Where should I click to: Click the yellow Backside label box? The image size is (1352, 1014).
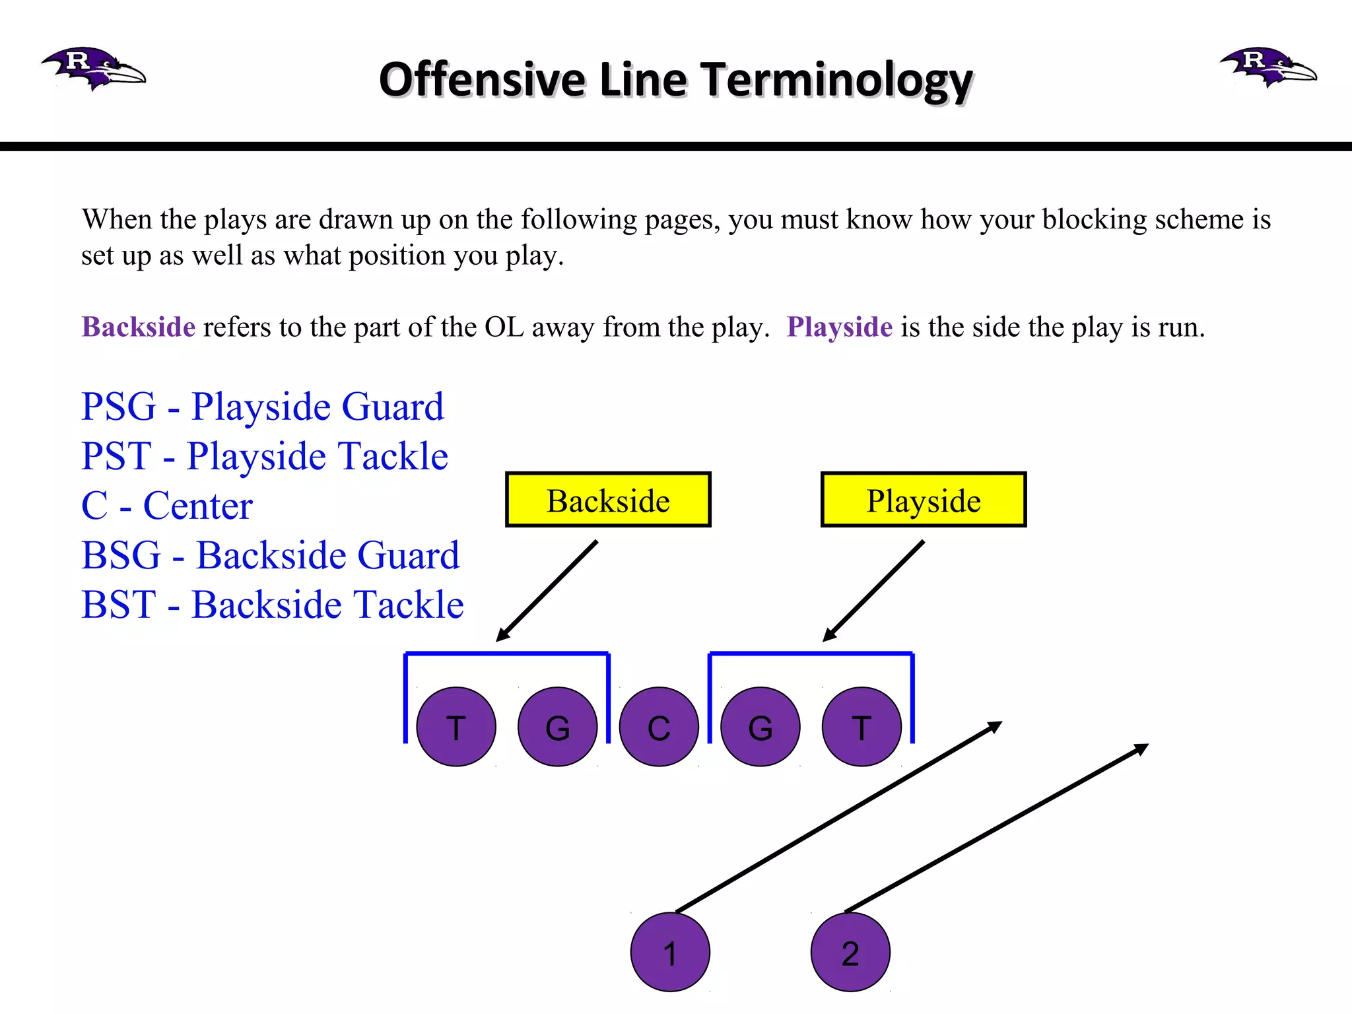[608, 500]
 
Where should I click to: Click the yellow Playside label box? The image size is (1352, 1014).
[923, 500]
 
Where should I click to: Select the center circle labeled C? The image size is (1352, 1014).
[659, 727]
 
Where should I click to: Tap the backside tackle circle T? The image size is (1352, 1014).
[456, 727]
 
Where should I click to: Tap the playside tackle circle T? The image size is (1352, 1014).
[862, 727]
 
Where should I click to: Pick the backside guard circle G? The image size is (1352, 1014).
[558, 727]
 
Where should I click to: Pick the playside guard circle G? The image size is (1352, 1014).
[760, 727]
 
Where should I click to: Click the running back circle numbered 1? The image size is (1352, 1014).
[670, 952]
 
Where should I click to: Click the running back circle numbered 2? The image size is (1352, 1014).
[850, 952]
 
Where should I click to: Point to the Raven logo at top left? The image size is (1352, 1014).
[92, 69]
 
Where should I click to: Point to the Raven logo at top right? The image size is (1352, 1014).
[1267, 67]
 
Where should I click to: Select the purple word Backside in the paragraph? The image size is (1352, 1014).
[139, 327]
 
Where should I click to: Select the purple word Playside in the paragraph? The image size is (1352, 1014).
[839, 327]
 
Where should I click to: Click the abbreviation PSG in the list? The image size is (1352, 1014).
[119, 407]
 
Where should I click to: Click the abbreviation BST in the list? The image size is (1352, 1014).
[119, 605]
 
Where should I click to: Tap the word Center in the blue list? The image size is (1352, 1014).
[198, 506]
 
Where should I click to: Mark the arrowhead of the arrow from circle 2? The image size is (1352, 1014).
[1142, 748]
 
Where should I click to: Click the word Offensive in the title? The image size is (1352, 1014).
[482, 80]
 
